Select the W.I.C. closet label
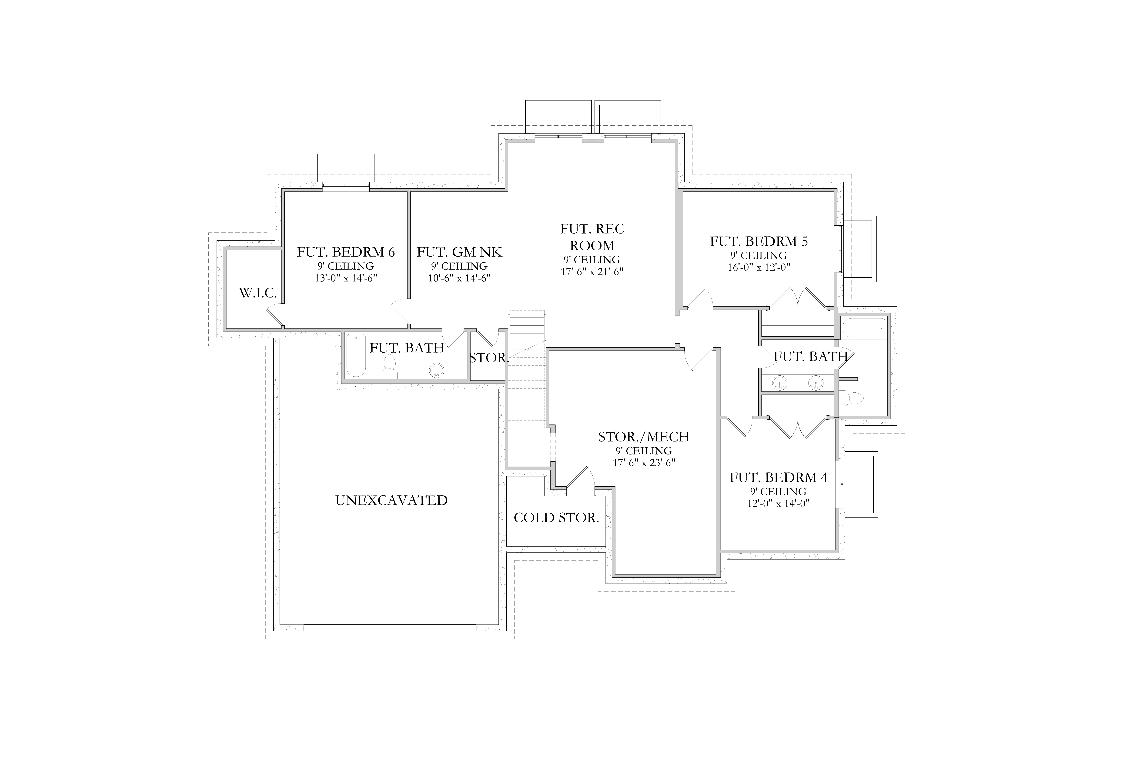[x=258, y=293]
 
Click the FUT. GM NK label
[x=459, y=252]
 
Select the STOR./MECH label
[x=643, y=437]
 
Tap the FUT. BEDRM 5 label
[x=759, y=241]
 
